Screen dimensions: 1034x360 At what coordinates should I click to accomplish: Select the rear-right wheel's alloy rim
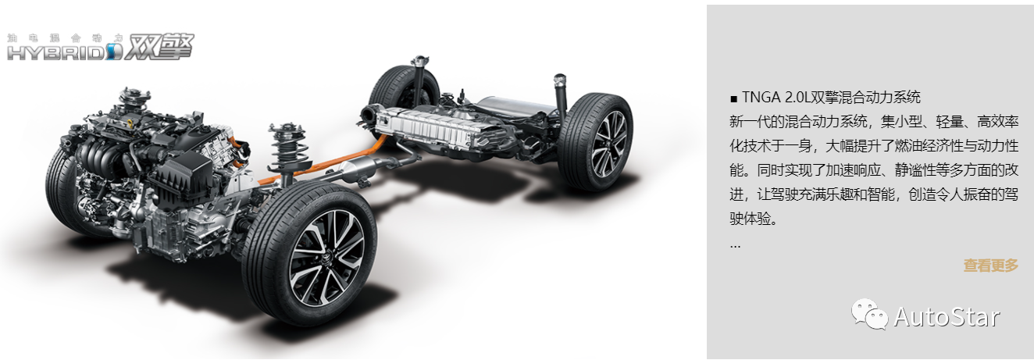point(609,144)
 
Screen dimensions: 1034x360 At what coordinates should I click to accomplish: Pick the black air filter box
point(180,176)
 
